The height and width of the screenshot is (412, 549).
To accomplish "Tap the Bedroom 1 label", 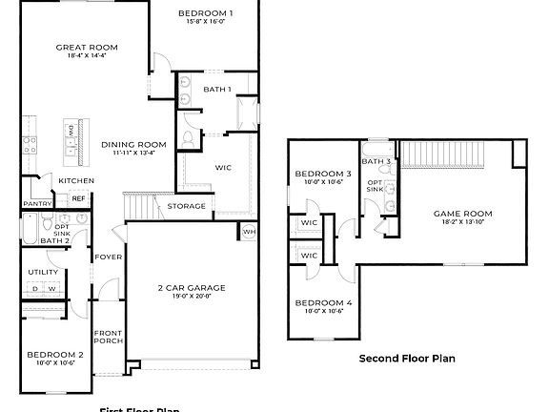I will [205, 13].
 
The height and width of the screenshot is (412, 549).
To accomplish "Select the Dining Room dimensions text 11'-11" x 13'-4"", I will [133, 153].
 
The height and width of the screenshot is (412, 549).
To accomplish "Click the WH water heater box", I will [249, 231].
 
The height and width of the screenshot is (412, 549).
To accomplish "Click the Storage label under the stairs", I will [186, 206].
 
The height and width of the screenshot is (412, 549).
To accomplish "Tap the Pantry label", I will [37, 203].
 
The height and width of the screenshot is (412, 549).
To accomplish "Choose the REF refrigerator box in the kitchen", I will [78, 198].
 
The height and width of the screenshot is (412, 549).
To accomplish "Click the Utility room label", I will [43, 272].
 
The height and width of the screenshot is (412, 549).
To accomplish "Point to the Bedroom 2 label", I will [55, 354].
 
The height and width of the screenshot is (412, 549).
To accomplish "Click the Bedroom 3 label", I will [322, 174].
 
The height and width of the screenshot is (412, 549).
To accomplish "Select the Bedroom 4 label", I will [322, 303].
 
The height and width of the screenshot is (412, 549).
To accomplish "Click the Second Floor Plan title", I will [407, 359].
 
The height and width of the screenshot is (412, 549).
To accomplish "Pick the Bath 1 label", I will [217, 89].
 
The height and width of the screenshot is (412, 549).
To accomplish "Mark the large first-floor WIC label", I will [223, 167].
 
